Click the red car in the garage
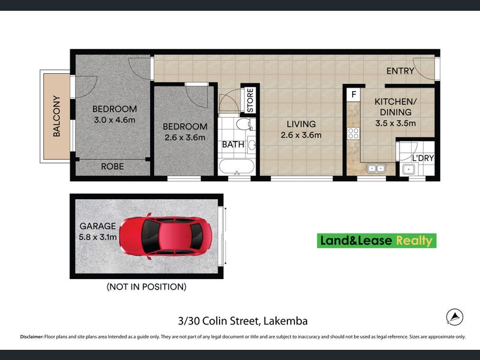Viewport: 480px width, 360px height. pos(166,236)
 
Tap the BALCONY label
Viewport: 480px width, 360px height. pos(56,116)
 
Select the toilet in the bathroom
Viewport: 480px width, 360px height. pos(244,124)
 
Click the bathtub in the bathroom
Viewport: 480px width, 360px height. pos(236,167)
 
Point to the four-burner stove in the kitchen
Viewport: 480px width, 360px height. pos(353,133)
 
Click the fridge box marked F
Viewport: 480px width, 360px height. pos(354,95)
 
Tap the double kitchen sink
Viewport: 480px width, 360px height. pos(376,168)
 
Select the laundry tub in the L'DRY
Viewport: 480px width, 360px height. pos(409,169)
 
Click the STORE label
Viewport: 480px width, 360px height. pos(250,100)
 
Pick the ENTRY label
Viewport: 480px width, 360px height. pos(400,71)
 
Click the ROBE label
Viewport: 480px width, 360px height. pos(112,167)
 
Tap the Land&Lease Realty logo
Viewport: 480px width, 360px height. pos(377,241)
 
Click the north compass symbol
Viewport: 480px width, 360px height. pos(455,317)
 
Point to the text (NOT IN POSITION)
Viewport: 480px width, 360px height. pos(146,287)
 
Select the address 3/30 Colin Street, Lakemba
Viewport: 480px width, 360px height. pos(243,321)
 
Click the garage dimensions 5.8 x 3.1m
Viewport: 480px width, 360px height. pos(98,237)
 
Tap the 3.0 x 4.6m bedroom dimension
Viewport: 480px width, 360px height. pos(115,119)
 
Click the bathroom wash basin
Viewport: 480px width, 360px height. pos(251,144)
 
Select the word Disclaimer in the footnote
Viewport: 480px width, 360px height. pos(32,337)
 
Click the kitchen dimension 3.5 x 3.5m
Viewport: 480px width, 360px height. pos(395,124)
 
